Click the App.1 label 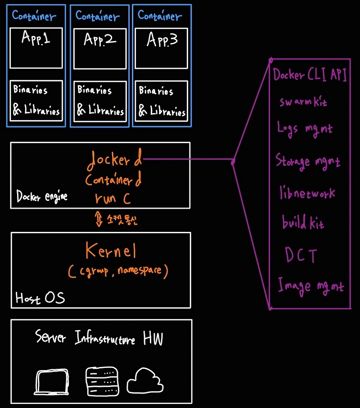click(36, 39)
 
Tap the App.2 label click(100, 40)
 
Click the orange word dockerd click(114, 159)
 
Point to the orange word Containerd click(113, 180)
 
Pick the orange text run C click(112, 198)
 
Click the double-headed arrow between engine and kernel click(98, 220)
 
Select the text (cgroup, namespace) click(118, 271)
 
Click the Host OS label click(40, 298)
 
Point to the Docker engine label click(42, 196)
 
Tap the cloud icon click(144, 381)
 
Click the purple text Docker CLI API click(310, 75)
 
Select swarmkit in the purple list click(303, 102)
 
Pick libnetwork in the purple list click(307, 193)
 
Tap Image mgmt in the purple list click(310, 286)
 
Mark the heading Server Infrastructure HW click(99, 338)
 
